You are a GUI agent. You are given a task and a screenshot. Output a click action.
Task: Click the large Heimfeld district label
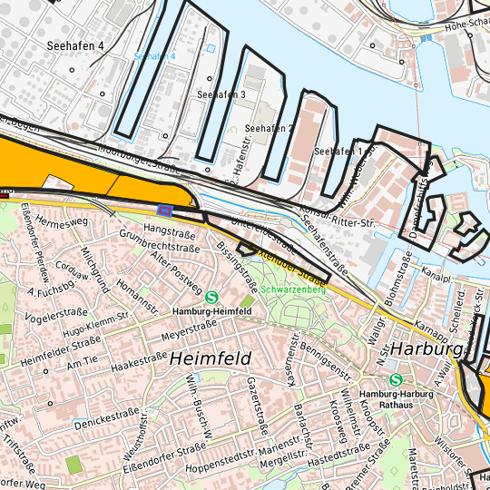pos(210,359)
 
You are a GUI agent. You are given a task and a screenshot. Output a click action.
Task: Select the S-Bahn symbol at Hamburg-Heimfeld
pos(212,296)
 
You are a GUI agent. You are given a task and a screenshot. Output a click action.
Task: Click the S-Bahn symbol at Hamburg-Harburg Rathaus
pos(395,380)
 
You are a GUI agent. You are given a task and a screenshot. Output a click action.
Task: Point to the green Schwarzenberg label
pos(292,290)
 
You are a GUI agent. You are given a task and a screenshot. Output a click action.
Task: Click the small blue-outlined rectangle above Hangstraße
pos(164,210)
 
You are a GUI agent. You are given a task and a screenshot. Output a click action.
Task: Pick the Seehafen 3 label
pos(221,94)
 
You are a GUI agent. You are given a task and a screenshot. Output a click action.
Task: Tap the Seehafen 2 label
pos(269,129)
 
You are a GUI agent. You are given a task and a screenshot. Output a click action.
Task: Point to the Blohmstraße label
pos(392,283)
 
